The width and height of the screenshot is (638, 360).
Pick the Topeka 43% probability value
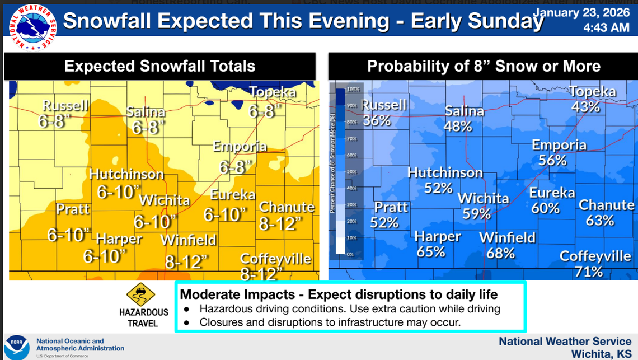585,106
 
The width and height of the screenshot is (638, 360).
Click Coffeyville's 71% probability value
588,272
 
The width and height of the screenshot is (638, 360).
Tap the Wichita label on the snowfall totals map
163,200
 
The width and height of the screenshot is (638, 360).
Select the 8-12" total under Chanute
280,223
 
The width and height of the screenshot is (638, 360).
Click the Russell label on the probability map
384,105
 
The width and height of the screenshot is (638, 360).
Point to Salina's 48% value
458,127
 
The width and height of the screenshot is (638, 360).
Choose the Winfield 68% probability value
500,253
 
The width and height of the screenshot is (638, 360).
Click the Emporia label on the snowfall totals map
240,147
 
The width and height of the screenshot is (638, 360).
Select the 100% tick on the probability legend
353,89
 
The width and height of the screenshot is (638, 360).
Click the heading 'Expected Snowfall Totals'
159,66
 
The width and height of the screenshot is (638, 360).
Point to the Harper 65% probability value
431,252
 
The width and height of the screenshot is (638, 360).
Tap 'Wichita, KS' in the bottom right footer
601,354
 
